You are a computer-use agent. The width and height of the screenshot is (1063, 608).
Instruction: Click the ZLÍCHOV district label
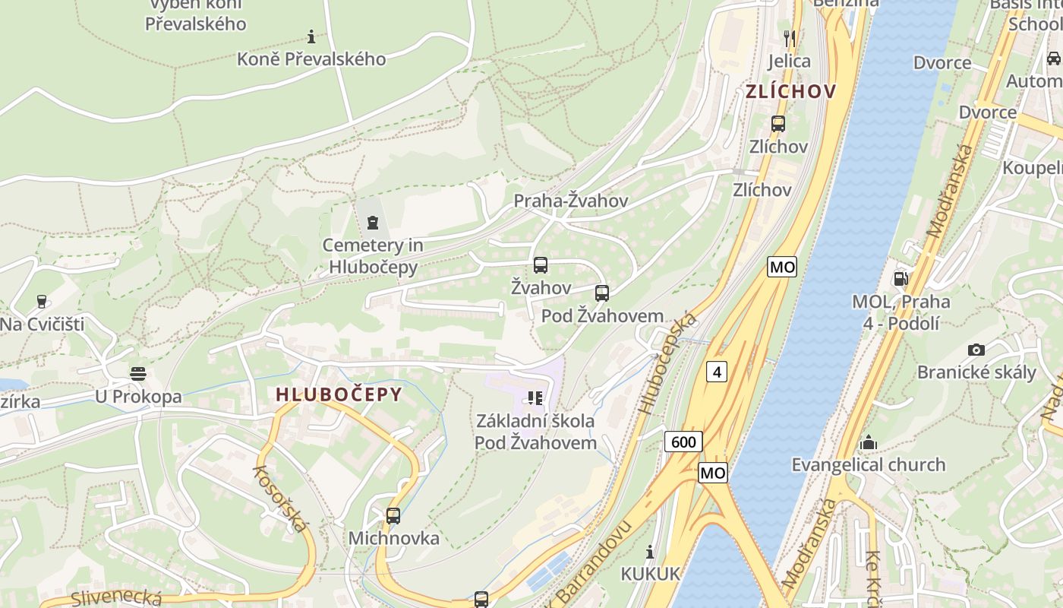pyautogui.click(x=790, y=92)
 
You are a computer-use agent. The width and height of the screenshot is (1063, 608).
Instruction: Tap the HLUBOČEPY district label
pyautogui.click(x=339, y=394)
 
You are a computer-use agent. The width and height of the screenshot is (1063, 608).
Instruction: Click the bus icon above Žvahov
pyautogui.click(x=541, y=265)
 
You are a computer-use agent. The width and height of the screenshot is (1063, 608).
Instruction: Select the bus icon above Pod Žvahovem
pyautogui.click(x=602, y=293)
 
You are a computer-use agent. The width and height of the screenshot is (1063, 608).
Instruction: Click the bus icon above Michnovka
pyautogui.click(x=393, y=516)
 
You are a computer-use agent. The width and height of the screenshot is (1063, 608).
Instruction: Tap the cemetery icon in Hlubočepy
pyautogui.click(x=372, y=223)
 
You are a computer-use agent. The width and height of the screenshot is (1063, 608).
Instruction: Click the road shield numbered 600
pyautogui.click(x=683, y=442)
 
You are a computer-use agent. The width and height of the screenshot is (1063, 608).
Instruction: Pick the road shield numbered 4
pyautogui.click(x=717, y=372)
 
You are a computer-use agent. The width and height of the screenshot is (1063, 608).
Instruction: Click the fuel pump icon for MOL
pyautogui.click(x=901, y=278)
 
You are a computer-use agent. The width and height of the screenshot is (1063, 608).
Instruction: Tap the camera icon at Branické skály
pyautogui.click(x=976, y=350)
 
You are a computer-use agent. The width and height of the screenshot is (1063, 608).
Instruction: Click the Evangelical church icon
pyautogui.click(x=869, y=442)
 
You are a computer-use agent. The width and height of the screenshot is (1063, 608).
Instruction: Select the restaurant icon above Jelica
pyautogui.click(x=790, y=38)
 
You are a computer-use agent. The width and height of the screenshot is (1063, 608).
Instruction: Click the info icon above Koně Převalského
pyautogui.click(x=311, y=36)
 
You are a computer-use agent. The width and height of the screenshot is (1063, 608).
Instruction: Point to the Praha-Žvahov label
pyautogui.click(x=571, y=201)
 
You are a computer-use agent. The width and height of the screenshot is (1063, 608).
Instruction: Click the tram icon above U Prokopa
pyautogui.click(x=137, y=373)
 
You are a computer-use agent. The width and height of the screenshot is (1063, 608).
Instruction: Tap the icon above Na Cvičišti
pyautogui.click(x=41, y=302)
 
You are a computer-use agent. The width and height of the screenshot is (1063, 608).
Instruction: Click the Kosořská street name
pyautogui.click(x=282, y=498)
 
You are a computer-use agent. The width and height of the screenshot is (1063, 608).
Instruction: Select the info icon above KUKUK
pyautogui.click(x=650, y=552)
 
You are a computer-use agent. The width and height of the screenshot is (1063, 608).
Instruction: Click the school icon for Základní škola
pyautogui.click(x=535, y=398)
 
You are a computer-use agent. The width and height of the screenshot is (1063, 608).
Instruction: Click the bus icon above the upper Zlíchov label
pyautogui.click(x=778, y=124)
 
